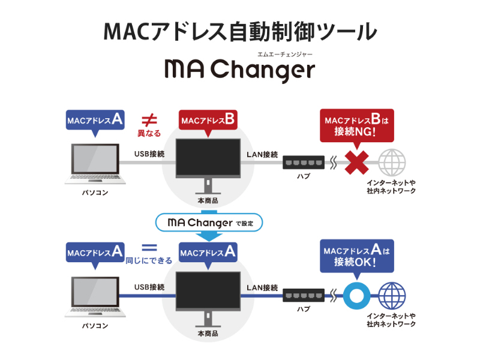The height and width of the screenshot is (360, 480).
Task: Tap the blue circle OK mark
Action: (x=356, y=295)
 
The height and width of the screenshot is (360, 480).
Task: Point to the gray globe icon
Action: (x=392, y=162)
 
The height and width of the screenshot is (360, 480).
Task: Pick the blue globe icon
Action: (x=392, y=295)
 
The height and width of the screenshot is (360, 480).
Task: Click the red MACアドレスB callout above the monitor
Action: (x=207, y=120)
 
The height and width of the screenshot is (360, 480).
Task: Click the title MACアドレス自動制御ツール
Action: (x=240, y=31)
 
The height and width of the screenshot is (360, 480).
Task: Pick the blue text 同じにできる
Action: (x=149, y=260)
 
